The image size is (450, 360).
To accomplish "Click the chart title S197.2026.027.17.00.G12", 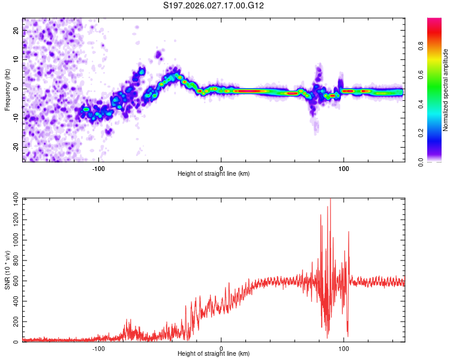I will click(x=214, y=6).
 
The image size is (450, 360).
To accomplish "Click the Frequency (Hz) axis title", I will click(x=7, y=89).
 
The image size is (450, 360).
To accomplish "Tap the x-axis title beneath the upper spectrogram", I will click(x=214, y=174).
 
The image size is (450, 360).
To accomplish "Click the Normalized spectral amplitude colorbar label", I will click(x=446, y=90).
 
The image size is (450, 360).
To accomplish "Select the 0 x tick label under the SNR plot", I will click(x=221, y=348).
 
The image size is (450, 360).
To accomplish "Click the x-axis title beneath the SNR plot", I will click(x=214, y=355).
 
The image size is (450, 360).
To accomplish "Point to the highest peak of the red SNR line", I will click(x=330, y=200).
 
